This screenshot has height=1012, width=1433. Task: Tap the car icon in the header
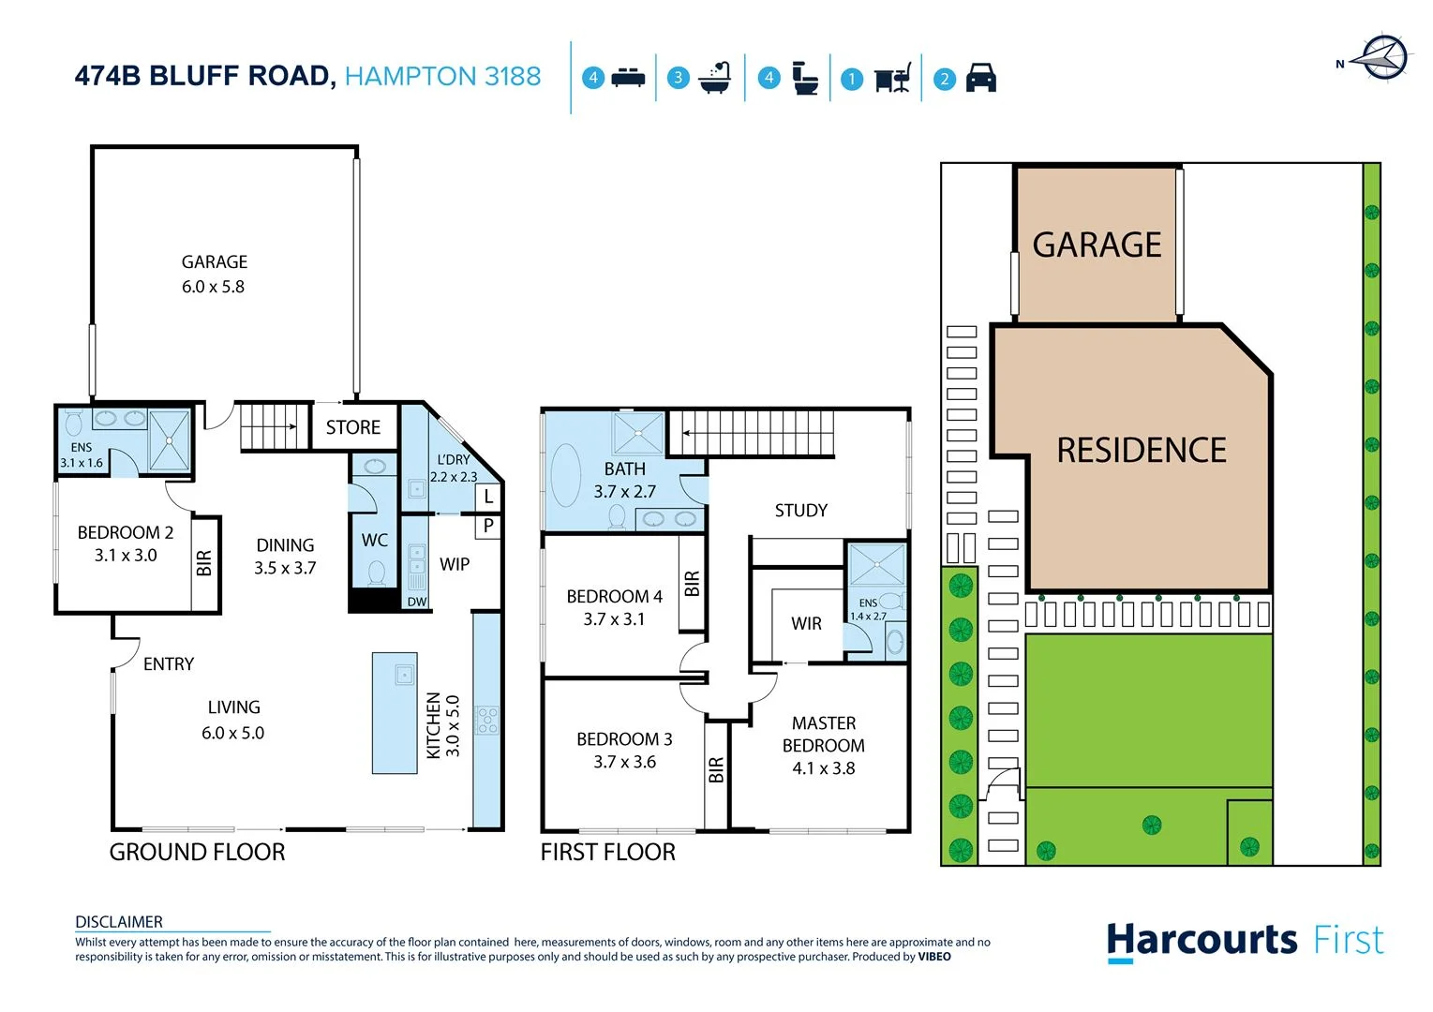(x=980, y=78)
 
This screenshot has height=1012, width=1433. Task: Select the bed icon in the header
(x=628, y=78)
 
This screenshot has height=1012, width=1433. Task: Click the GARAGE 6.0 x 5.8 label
(x=214, y=274)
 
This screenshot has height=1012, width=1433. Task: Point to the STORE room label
(x=353, y=427)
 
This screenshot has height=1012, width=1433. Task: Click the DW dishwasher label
(x=417, y=602)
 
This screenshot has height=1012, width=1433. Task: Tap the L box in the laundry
(x=488, y=498)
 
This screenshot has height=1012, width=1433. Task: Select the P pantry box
(x=488, y=527)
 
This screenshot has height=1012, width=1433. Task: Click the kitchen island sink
(x=404, y=674)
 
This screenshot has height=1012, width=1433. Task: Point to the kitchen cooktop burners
(x=487, y=720)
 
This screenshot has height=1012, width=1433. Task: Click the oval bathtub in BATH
(x=566, y=475)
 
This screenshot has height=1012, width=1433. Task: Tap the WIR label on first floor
(x=806, y=623)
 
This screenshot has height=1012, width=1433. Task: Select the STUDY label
(x=801, y=511)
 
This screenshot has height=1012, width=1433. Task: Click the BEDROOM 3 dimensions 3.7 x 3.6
(x=624, y=762)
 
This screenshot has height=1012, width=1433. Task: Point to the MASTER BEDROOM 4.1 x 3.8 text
(x=824, y=746)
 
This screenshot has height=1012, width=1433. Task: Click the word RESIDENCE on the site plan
(x=1142, y=451)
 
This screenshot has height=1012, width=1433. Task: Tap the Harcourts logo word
(x=1202, y=940)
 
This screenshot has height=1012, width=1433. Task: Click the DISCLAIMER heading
(x=119, y=922)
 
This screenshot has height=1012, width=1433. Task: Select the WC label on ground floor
(x=375, y=541)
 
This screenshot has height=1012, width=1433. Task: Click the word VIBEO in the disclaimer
(x=934, y=957)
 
